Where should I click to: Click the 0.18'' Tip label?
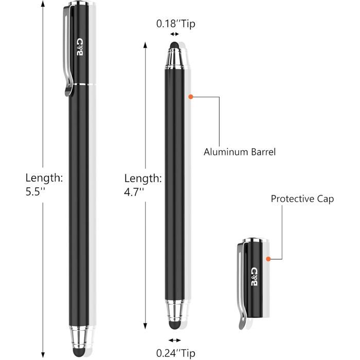pos(175,23)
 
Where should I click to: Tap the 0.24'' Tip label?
pos(175,353)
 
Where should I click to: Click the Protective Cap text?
pos(302,199)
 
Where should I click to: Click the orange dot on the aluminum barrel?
pos(190,96)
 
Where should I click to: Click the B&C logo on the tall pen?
pos(80,47)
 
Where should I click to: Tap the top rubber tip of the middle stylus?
pos(175,46)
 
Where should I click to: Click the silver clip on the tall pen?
pos(70,51)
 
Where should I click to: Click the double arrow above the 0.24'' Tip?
pos(175,340)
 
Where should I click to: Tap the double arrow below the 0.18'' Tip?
pos(175,33)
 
